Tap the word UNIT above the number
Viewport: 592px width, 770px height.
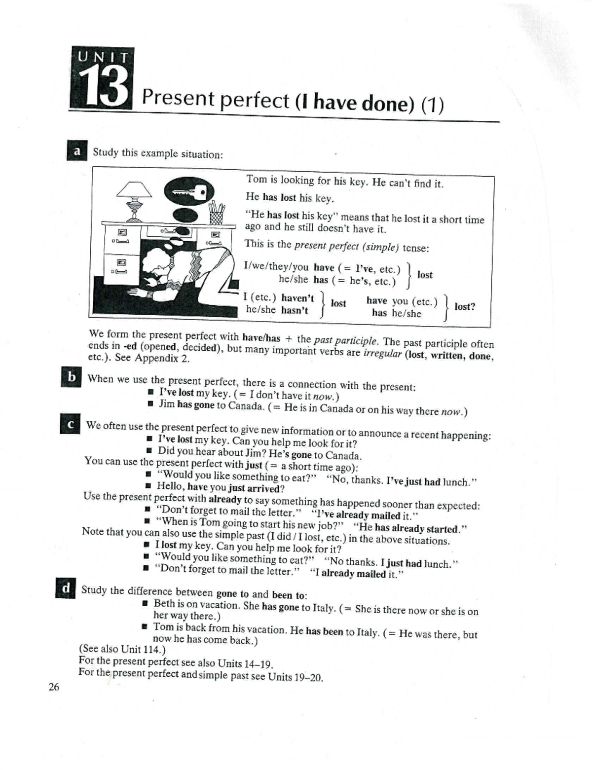tap(103, 56)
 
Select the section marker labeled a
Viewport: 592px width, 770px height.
tap(77, 151)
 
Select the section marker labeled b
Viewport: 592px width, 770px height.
tap(72, 377)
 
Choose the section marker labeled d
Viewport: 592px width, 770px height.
tap(66, 588)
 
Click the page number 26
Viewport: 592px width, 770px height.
tap(54, 687)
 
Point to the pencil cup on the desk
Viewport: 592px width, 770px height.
tap(217, 213)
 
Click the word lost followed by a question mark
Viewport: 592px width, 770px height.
tap(464, 307)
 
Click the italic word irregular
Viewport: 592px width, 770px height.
tap(382, 354)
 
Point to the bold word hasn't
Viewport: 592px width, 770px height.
tap(295, 310)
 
